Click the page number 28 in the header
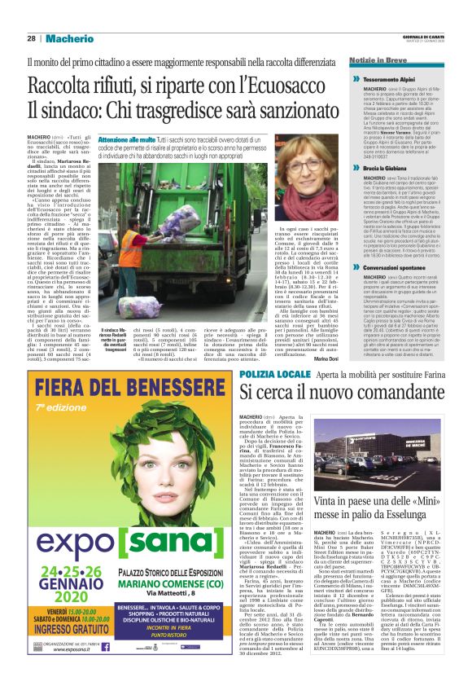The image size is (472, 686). [x=31, y=38]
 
